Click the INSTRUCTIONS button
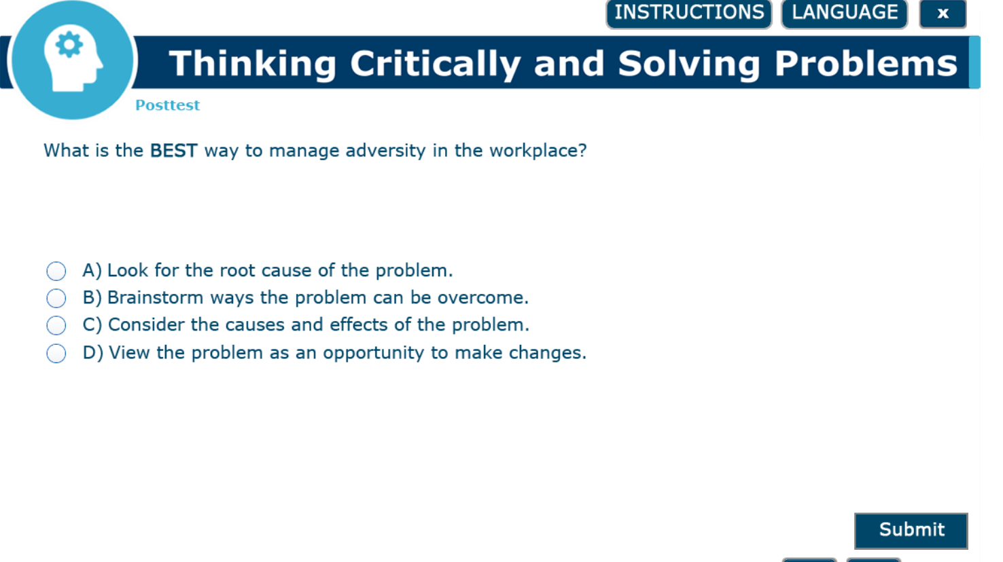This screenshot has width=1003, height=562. [x=688, y=13]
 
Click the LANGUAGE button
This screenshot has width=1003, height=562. [x=844, y=13]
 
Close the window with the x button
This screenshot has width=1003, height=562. [x=943, y=14]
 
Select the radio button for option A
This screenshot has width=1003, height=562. [x=56, y=271]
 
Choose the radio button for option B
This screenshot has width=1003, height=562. [x=56, y=298]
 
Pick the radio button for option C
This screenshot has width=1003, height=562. [x=56, y=325]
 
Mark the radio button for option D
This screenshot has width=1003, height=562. [x=56, y=353]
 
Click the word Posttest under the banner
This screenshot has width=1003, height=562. [x=167, y=105]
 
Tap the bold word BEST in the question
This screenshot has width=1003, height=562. [x=173, y=151]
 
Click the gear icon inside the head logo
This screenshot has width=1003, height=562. [x=69, y=45]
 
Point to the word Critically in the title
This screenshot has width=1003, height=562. [x=435, y=64]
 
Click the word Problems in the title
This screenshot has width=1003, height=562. [x=866, y=64]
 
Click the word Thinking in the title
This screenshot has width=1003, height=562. [x=253, y=64]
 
